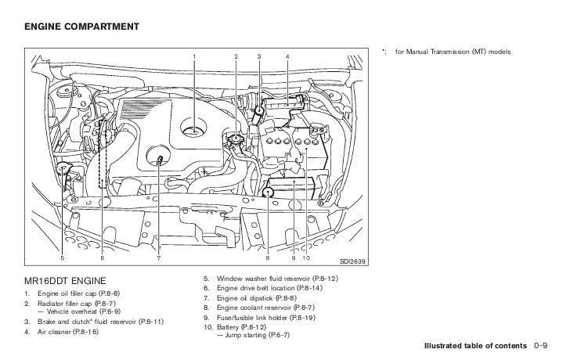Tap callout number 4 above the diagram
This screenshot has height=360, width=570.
pos(287,56)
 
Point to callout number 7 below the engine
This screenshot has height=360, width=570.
pos(158,258)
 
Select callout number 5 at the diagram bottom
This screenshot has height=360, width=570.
pos(63,258)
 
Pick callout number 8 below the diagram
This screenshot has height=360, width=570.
pos(267,258)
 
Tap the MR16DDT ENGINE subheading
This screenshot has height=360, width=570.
pos(65,280)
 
